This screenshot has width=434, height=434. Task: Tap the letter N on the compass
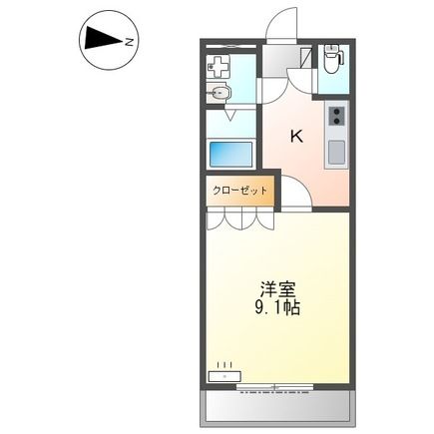pyautogui.click(x=129, y=41)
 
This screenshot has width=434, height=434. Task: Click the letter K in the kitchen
pyautogui.click(x=295, y=138)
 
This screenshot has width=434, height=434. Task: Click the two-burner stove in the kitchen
pyautogui.click(x=337, y=122)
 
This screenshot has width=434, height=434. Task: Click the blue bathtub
pyautogui.click(x=230, y=155)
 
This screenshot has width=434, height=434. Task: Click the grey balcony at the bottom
pyautogui.click(x=279, y=405)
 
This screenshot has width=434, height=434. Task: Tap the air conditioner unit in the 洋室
pyautogui.click(x=224, y=377)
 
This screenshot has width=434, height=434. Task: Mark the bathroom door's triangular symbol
pyautogui.click(x=231, y=116)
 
